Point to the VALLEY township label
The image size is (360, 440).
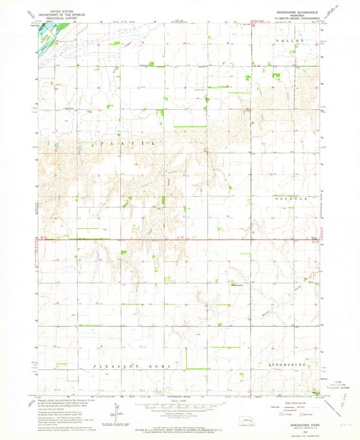[295, 42]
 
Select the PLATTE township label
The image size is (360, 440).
[131, 144]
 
